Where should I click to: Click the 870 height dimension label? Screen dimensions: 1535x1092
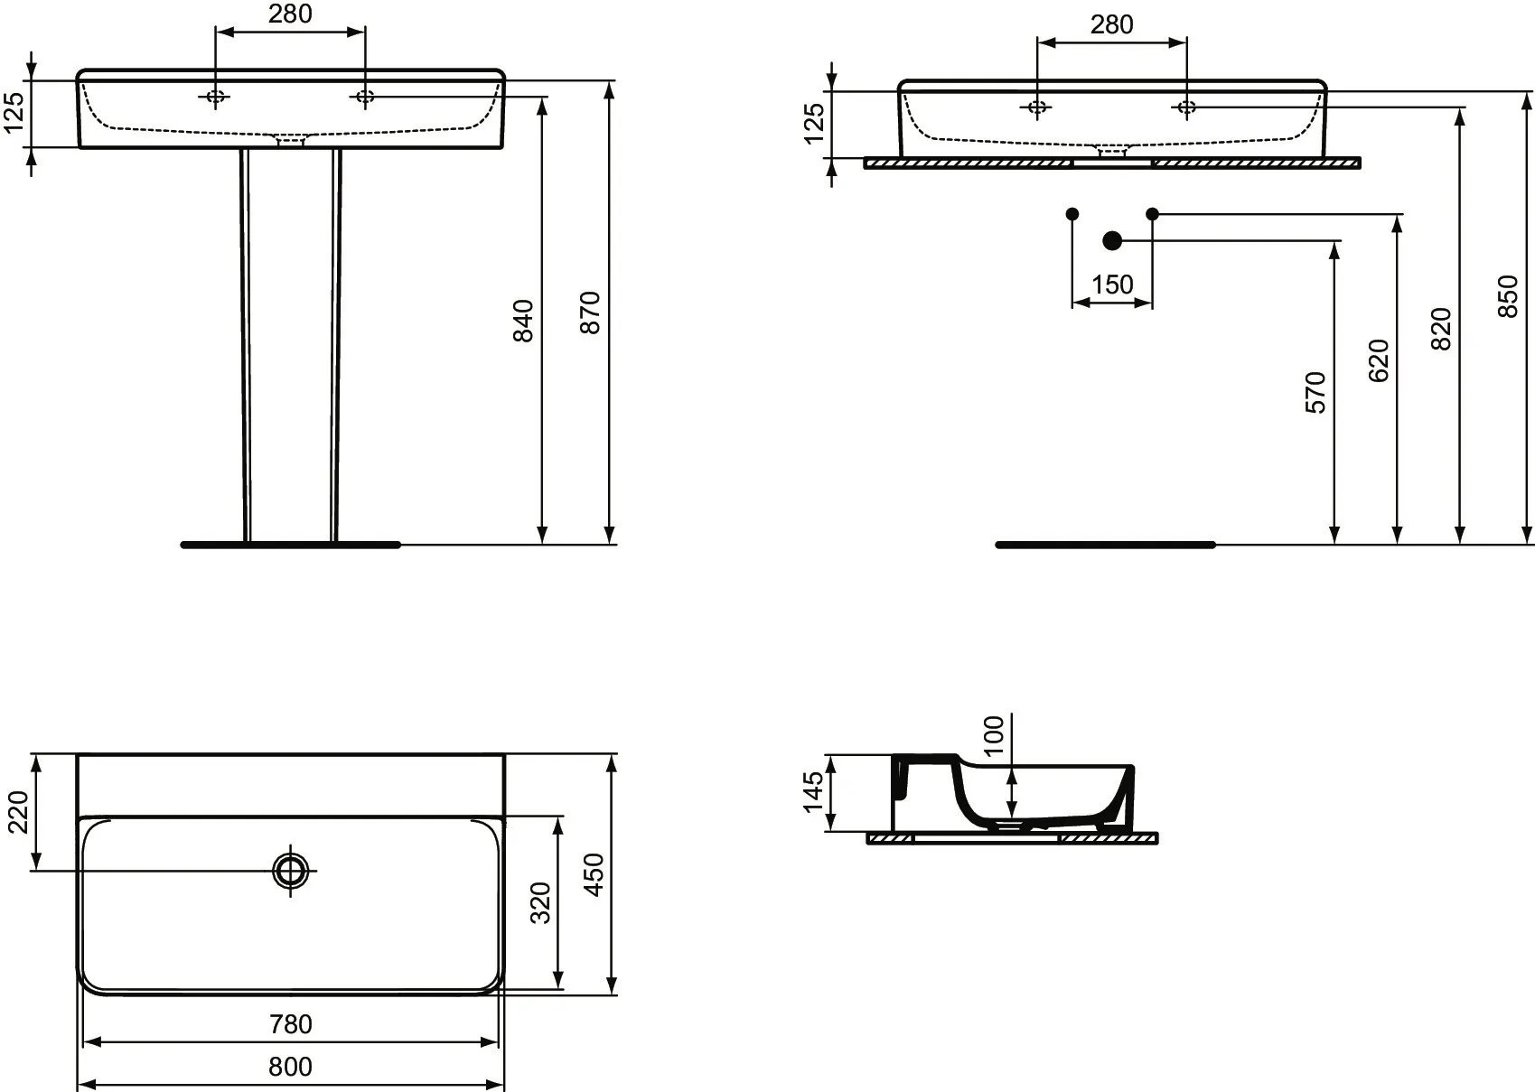(590, 313)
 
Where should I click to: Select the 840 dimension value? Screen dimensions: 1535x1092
(523, 321)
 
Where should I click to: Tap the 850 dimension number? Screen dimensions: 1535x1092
(1508, 296)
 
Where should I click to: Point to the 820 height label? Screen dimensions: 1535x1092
(1441, 330)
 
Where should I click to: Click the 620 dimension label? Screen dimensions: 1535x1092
(1378, 360)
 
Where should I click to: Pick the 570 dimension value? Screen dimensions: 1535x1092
(1315, 393)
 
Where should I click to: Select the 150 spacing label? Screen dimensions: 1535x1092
(1112, 285)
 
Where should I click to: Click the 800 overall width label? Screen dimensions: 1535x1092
(291, 1067)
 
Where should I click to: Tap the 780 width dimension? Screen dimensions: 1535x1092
(291, 1024)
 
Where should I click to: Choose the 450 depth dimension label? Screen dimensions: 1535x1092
(594, 874)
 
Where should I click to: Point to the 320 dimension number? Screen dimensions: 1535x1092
(540, 903)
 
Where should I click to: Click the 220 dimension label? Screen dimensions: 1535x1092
(18, 812)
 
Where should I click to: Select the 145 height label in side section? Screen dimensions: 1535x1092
(813, 792)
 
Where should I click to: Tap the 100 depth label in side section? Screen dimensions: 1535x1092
(993, 736)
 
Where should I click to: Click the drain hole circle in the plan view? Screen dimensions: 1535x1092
(291, 871)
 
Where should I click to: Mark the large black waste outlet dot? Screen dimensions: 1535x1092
(1112, 240)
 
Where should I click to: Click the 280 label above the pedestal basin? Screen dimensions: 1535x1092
(290, 14)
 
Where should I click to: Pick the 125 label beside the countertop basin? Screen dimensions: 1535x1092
(813, 124)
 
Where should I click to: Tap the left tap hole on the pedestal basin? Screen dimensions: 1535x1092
(215, 97)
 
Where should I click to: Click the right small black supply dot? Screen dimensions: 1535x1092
(1152, 214)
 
